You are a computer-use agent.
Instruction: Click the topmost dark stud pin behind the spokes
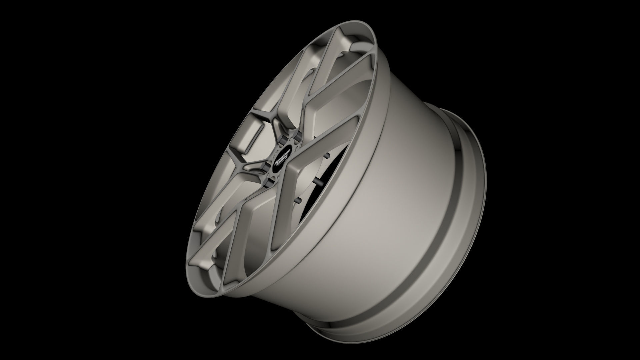pos(327,155)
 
